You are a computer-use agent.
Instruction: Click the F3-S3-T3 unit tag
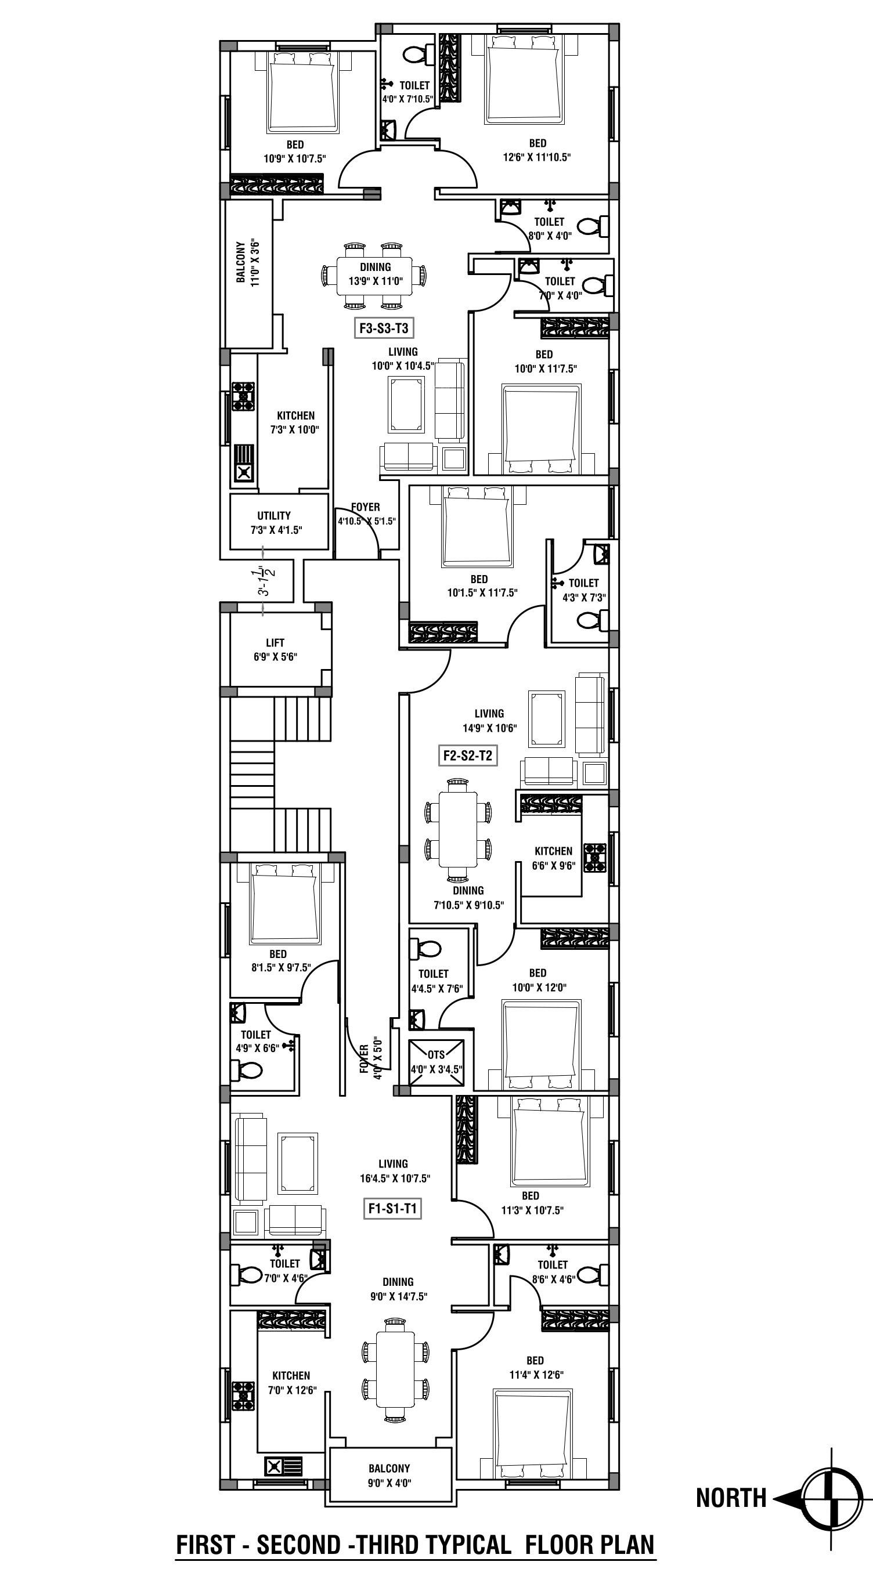(x=383, y=329)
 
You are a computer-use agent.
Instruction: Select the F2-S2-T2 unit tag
(x=467, y=756)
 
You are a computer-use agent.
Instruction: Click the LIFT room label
(x=275, y=649)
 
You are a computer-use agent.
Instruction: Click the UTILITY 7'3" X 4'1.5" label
(x=275, y=523)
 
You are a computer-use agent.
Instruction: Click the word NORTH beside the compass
(x=731, y=1498)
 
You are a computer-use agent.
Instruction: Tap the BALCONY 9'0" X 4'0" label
(x=389, y=1474)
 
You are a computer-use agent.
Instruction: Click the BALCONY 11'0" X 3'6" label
(x=248, y=262)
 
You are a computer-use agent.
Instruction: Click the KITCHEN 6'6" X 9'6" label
(x=553, y=858)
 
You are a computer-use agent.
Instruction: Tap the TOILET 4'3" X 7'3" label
(x=583, y=590)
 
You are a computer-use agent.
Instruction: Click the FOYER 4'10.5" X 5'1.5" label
(x=366, y=514)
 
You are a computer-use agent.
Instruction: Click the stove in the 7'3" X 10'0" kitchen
(x=243, y=396)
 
